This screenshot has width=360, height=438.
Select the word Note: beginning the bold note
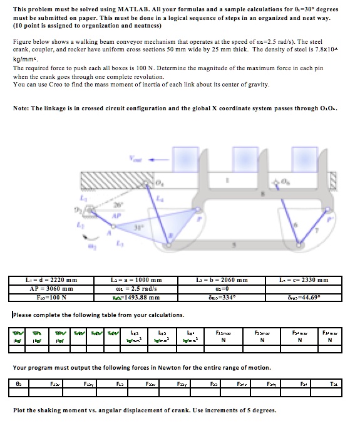pyautogui.click(x=22, y=108)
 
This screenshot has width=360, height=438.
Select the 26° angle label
pyautogui.click(x=115, y=204)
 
